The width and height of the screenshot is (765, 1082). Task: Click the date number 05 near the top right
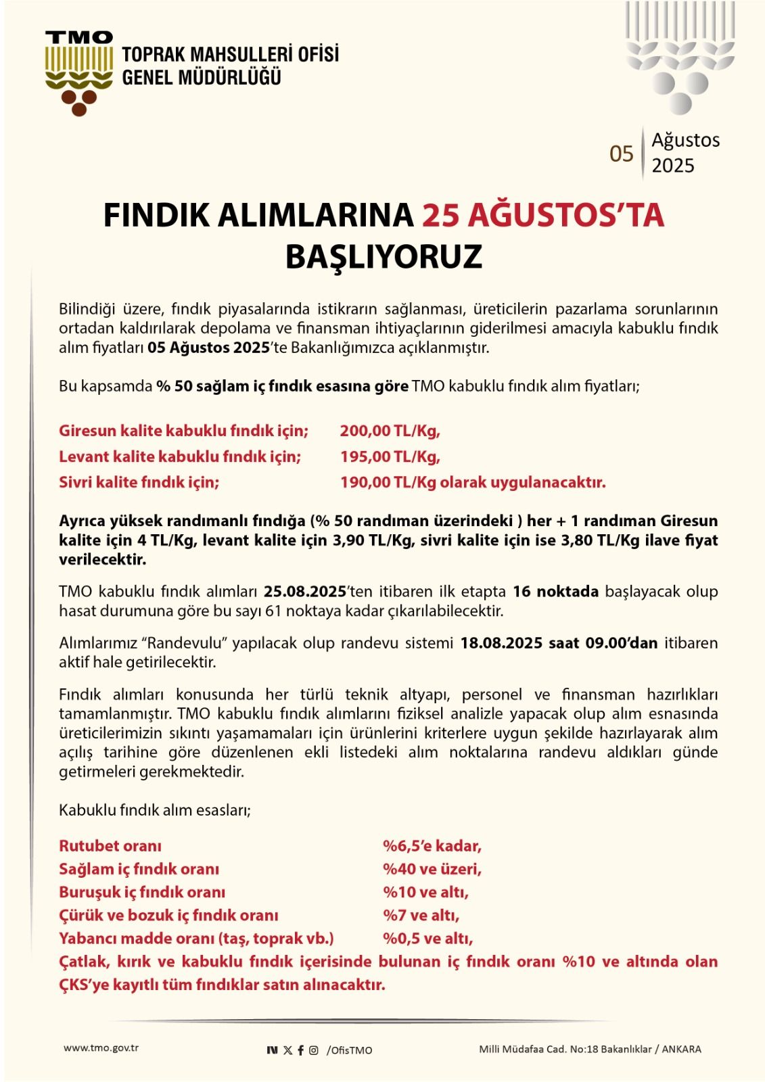coord(621,154)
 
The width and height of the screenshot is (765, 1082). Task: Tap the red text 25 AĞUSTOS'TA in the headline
coord(543,215)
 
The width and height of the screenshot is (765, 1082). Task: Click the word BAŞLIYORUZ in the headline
coord(384,257)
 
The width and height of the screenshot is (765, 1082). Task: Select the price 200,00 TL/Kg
coord(390,431)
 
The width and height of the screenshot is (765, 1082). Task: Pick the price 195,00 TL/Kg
coord(390,456)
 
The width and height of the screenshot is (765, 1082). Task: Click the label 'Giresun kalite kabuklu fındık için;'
coord(183,431)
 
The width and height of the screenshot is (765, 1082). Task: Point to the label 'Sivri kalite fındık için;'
coord(139,482)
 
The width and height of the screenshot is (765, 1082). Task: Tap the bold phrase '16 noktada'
coord(555,592)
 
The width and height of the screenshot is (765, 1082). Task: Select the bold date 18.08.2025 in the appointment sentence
coord(501,643)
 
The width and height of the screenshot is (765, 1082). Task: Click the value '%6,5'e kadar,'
coord(432,846)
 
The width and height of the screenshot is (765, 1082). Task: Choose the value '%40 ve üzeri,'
coord(432,869)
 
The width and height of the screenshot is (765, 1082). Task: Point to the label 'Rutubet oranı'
coord(110,846)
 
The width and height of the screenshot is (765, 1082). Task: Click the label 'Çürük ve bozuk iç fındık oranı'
coord(168,916)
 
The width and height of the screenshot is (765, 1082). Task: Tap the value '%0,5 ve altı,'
coord(427,939)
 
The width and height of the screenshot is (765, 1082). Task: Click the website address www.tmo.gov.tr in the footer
coord(101,1048)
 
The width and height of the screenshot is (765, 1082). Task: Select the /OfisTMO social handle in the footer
coord(349,1050)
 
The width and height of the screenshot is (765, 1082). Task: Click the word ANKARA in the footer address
coord(681,1050)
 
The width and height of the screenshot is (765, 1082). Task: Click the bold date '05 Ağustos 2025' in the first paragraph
coord(209,348)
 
